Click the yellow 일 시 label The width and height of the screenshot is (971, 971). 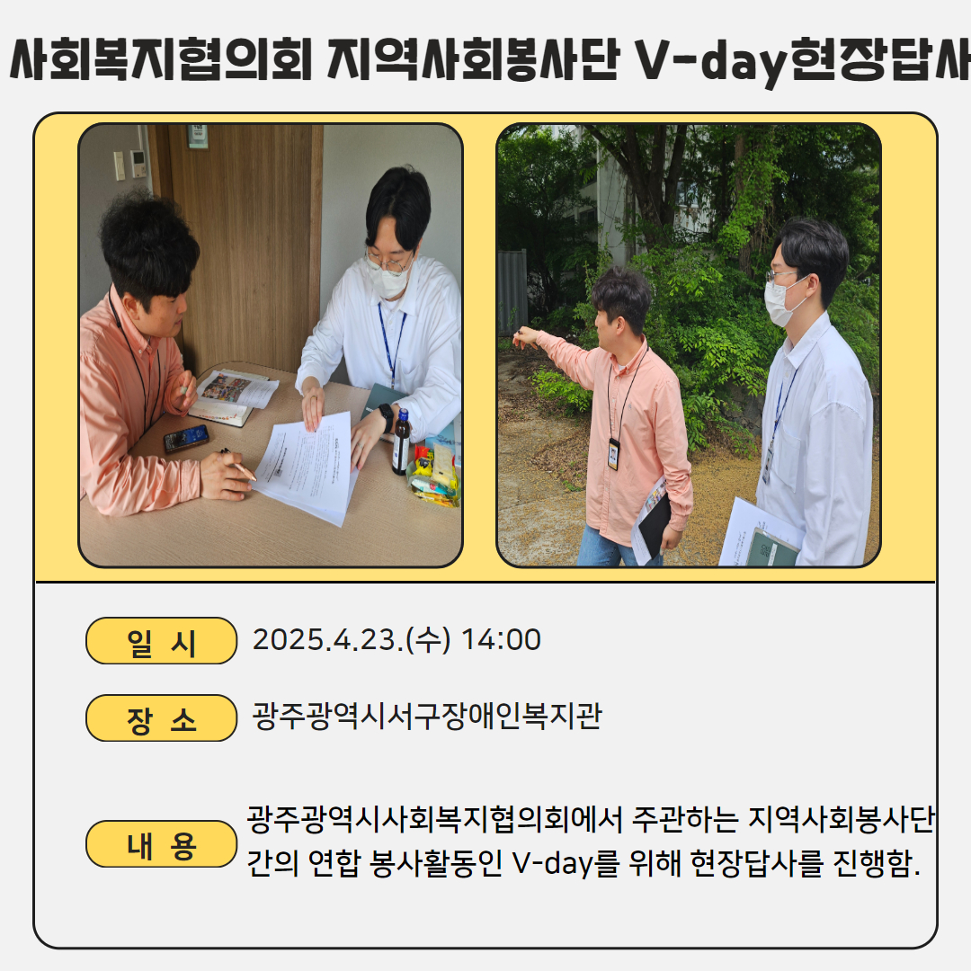click(x=161, y=641)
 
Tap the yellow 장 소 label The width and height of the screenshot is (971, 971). click(x=161, y=717)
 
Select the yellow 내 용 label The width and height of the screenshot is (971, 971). click(x=161, y=844)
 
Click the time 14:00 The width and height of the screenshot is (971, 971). click(x=501, y=640)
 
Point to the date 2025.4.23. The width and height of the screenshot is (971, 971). click(x=327, y=640)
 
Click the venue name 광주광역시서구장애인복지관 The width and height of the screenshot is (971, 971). click(x=427, y=717)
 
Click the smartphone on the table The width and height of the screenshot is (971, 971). click(x=186, y=437)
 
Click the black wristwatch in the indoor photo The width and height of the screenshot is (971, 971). click(x=386, y=417)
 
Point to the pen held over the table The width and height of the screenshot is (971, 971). click(x=238, y=465)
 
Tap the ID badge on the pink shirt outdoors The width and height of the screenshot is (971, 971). click(x=613, y=453)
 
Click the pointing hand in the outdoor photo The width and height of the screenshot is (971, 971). click(x=525, y=336)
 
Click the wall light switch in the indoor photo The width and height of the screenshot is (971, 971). click(x=119, y=165)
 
